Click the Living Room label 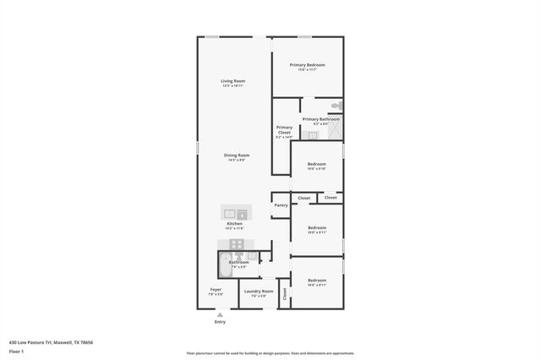point(232,81)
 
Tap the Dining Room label point(237,155)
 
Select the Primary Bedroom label point(307,65)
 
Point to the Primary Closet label point(284,130)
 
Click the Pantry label point(281,205)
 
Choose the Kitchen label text point(234,224)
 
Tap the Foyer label point(216,290)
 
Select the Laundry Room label point(260,292)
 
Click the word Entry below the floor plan point(220,322)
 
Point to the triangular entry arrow point(220,314)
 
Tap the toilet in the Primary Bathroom point(336,106)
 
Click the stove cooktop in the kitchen point(237,246)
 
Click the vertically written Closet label point(285,294)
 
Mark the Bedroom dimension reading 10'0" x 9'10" point(317,168)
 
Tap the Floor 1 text point(16,351)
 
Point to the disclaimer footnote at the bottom point(270,353)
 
